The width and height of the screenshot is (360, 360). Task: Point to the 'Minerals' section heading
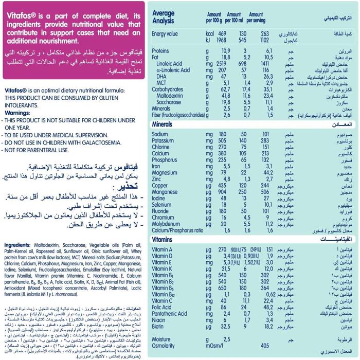click(x=164, y=125)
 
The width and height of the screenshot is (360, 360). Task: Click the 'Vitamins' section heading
click(x=164, y=240)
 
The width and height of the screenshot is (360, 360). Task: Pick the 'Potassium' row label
click(x=165, y=139)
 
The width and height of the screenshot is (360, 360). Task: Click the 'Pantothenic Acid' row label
click(x=169, y=313)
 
